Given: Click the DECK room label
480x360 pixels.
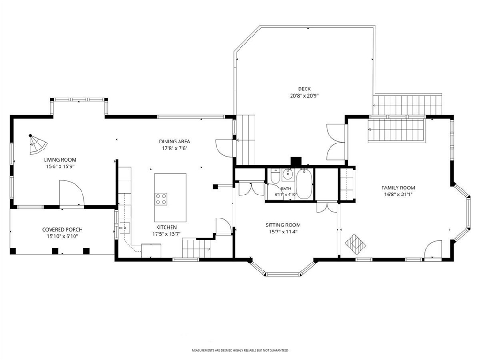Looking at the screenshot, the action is (x=304, y=89).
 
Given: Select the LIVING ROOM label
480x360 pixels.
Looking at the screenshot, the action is (x=60, y=160).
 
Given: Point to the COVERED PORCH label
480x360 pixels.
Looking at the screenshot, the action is (x=62, y=230).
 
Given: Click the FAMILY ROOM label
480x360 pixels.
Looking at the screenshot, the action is (x=398, y=188).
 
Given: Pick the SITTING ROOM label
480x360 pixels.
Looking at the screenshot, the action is (x=283, y=225).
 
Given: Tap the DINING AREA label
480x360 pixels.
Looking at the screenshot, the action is (x=174, y=142).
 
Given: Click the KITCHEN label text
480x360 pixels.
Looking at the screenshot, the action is (x=166, y=227).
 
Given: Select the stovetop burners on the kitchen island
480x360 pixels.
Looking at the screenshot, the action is (x=161, y=199).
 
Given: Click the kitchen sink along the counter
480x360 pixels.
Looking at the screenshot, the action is (x=125, y=228).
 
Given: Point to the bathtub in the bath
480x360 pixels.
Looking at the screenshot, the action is (x=304, y=184).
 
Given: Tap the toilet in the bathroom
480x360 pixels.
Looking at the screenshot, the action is (x=275, y=177).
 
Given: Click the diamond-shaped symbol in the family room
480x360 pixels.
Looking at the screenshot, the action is (x=355, y=244).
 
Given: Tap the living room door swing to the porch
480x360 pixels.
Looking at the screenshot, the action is (x=72, y=193).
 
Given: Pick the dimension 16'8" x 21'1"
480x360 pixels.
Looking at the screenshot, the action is (x=398, y=195).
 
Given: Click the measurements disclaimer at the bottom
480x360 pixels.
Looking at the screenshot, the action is (x=240, y=350).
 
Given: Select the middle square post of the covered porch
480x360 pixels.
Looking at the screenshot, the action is (x=55, y=251).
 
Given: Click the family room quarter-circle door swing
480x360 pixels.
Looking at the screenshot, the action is (x=433, y=249).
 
